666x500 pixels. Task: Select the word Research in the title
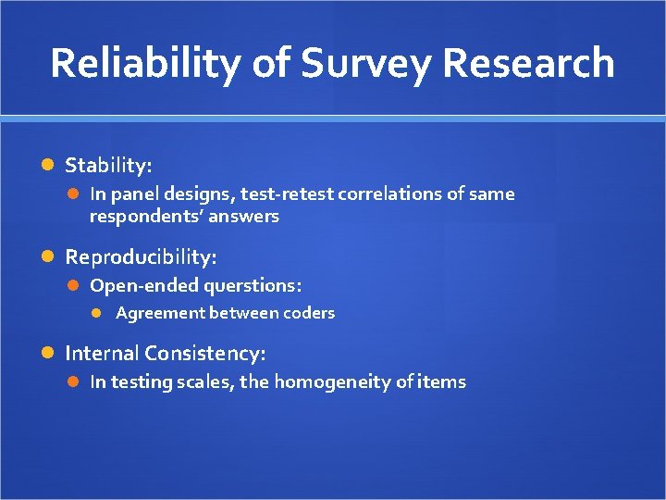(528, 63)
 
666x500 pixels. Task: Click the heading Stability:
(108, 166)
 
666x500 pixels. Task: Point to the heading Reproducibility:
(141, 256)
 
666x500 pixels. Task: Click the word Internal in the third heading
(102, 353)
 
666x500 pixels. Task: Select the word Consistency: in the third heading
(204, 353)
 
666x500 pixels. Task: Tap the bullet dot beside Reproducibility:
(50, 256)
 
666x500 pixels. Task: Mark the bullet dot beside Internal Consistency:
(50, 353)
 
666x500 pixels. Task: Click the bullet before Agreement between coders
(102, 313)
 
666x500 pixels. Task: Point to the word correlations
(384, 194)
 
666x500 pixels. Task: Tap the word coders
(310, 313)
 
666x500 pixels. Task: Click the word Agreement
(161, 313)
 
